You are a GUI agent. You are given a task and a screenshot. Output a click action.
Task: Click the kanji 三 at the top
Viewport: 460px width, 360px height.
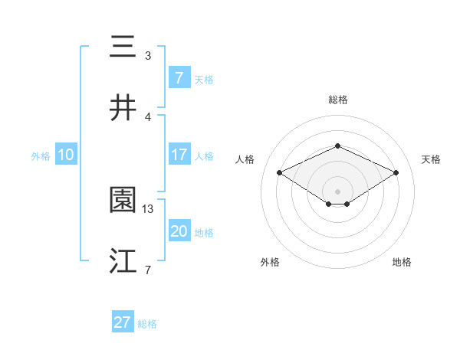[123, 47]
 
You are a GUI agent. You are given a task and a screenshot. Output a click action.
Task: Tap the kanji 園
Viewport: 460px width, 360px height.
[123, 200]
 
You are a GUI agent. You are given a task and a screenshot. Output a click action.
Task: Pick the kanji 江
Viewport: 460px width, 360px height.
[123, 261]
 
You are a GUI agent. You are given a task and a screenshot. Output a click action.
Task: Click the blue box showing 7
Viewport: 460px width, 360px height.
[179, 77]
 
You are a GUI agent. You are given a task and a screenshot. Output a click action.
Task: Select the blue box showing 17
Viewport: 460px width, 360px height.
[179, 155]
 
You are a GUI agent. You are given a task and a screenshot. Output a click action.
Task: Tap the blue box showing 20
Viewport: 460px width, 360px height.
[179, 231]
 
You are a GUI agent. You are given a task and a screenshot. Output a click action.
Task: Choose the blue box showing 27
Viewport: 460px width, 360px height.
[123, 322]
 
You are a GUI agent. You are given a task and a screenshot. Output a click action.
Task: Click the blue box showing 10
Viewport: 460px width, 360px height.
[66, 155]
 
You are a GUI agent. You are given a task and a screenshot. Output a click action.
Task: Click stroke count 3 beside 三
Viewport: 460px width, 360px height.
[148, 55]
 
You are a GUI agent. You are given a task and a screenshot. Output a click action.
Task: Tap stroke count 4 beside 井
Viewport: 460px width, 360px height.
[148, 116]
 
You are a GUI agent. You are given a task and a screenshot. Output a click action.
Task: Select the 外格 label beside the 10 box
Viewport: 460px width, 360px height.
[41, 155]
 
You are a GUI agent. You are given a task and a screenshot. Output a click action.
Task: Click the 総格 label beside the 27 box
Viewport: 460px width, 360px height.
[147, 324]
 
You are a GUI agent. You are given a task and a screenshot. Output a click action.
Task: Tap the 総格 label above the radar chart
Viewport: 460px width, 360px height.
[337, 100]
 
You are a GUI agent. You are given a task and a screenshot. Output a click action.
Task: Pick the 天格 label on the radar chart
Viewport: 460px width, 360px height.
[432, 159]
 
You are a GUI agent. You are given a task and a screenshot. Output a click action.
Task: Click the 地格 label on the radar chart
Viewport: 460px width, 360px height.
[402, 262]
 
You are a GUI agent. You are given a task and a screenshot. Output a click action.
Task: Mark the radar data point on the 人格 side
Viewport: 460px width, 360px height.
[279, 172]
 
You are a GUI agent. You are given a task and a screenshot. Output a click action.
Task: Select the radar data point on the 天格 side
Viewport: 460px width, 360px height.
[396, 173]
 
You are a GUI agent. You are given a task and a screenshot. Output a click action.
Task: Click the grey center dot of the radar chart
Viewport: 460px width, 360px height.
[337, 191]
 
